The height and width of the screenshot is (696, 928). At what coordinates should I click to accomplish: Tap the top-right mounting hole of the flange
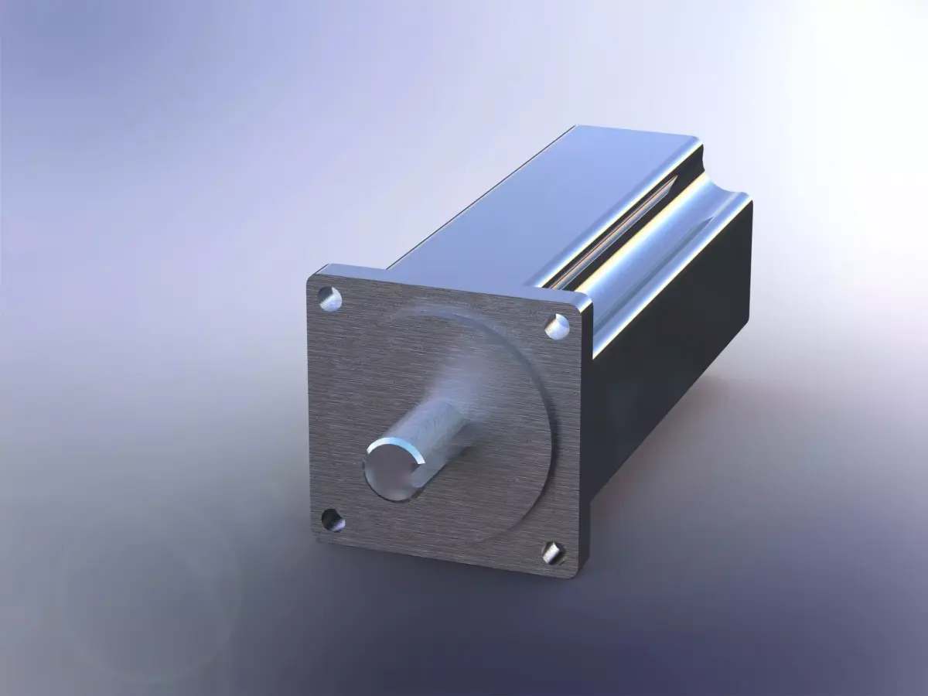(x=556, y=326)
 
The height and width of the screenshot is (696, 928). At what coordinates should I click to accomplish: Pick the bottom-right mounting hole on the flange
(x=552, y=552)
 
